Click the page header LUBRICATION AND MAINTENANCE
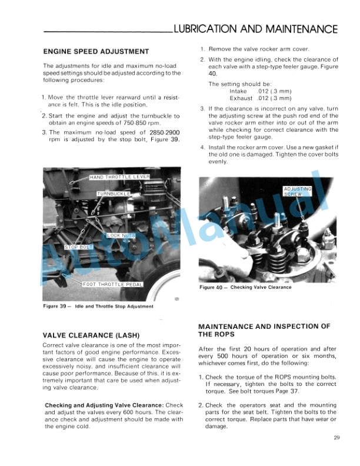click(x=252, y=29)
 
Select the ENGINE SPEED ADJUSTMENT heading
click(x=96, y=51)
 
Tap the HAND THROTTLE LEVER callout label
click(x=120, y=177)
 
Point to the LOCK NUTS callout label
click(x=122, y=235)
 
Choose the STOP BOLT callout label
click(x=79, y=247)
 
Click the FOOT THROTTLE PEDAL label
click(x=112, y=285)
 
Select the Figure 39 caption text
click(x=98, y=307)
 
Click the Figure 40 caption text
click(x=245, y=287)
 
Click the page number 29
click(x=336, y=437)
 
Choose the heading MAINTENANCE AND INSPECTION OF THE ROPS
click(x=264, y=330)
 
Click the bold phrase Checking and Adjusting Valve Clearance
click(x=105, y=405)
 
